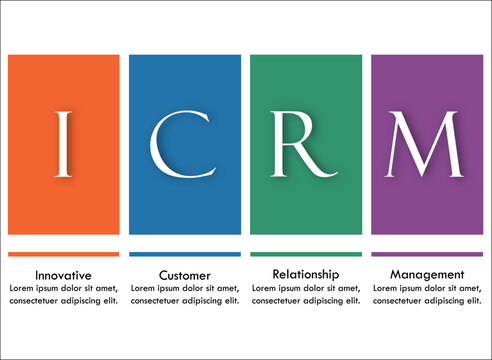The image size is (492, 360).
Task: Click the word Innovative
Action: (63, 274)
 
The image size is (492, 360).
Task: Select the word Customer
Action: (185, 274)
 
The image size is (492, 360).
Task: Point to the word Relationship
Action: (306, 273)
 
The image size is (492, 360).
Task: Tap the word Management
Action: (427, 273)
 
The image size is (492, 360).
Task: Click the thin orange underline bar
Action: (63, 254)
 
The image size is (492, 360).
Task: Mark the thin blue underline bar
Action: (185, 254)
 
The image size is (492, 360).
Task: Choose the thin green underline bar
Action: (306, 254)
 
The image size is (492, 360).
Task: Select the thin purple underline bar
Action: (427, 254)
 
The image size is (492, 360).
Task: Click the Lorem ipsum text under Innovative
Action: (63, 294)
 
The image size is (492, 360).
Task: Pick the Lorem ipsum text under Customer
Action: (185, 294)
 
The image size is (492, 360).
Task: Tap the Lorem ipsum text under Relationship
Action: (306, 294)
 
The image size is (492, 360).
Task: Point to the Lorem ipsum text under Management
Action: (427, 294)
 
